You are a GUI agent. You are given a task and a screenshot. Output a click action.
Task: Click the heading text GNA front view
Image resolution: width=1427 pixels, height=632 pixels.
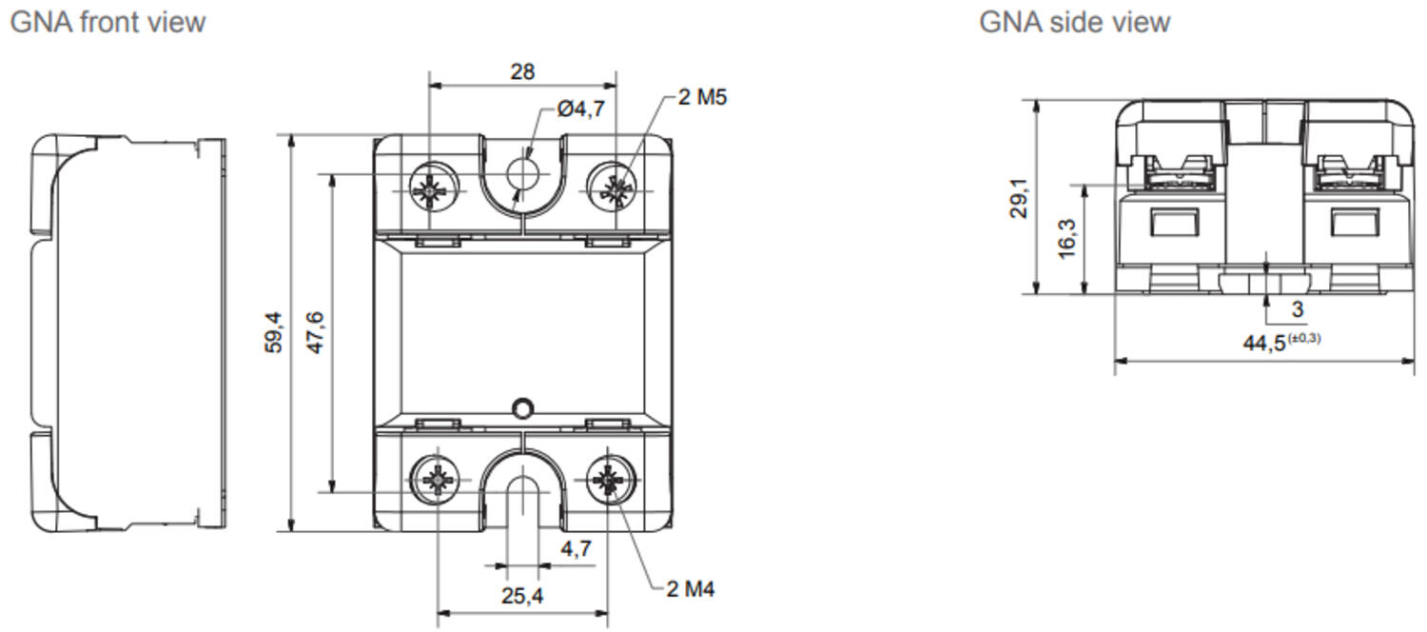pos(108,22)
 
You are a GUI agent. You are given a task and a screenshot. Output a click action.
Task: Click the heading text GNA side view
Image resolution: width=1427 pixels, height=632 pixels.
pos(1074,22)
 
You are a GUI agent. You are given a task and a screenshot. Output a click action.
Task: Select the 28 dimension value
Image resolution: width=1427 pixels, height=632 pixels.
pos(522,71)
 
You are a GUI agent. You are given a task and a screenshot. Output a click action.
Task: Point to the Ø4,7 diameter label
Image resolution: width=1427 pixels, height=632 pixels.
pos(581,109)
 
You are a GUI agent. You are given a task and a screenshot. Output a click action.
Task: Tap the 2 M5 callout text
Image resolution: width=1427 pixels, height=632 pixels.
pos(702,97)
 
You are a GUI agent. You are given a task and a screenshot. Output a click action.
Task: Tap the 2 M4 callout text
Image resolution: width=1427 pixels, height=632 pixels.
pos(689,589)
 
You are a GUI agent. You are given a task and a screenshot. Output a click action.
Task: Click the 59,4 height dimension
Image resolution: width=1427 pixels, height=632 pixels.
pos(273,332)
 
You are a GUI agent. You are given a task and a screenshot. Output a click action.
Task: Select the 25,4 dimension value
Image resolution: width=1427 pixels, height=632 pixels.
pos(522,596)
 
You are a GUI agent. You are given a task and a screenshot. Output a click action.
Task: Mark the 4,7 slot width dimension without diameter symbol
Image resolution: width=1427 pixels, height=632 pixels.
pos(576,548)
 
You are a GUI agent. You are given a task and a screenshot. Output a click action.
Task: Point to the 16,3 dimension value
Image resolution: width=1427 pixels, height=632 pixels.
pos(1066,238)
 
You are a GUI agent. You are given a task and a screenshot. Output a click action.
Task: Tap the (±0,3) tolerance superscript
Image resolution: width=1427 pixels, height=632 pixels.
pos(1304,337)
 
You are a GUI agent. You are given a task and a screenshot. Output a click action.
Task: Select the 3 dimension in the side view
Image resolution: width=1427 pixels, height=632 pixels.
pos(1297,310)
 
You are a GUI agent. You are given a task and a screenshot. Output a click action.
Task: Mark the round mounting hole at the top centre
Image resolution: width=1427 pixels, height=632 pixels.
pos(522,173)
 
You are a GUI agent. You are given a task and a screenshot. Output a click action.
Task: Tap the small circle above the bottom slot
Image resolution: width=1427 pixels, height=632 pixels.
pos(520,408)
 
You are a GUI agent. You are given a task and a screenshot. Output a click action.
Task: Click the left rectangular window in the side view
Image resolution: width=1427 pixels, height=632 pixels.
pos(1170,223)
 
